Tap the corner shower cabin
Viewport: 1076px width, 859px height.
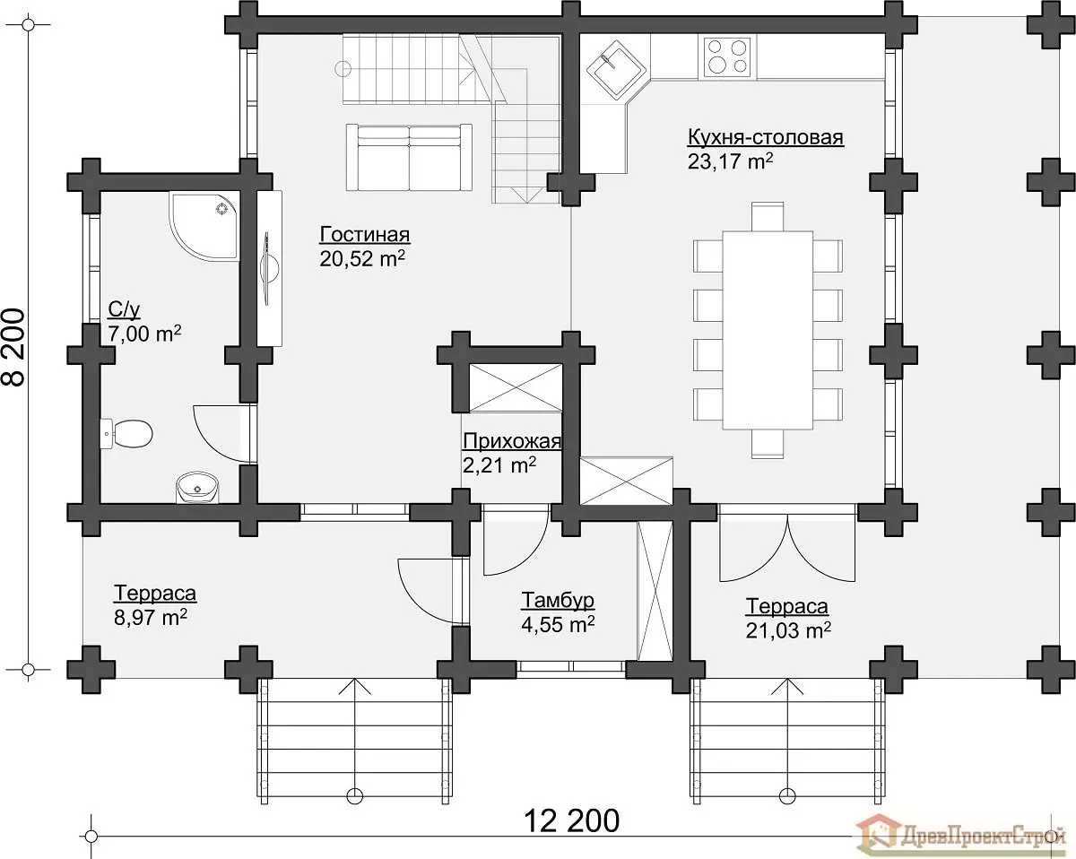coord(204,227)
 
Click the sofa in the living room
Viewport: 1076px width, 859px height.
coord(409,158)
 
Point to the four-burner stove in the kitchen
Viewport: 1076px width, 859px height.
coord(727,56)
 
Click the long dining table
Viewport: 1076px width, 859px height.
coord(768,330)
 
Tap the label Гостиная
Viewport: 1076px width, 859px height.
coord(365,235)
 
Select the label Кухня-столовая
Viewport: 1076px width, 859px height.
coord(766,137)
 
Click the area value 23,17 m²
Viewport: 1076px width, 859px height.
coord(730,161)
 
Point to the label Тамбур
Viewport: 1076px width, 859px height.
coord(558,600)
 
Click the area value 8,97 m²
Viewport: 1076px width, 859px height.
coord(151,618)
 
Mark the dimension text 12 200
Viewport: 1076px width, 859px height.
coord(571,820)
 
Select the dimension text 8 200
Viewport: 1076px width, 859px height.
coord(15,347)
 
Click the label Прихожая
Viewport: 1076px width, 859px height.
coord(511,441)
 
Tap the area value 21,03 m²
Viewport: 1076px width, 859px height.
coord(788,630)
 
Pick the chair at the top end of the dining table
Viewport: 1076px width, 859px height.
coord(768,216)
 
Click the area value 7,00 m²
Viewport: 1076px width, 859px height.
coord(144,334)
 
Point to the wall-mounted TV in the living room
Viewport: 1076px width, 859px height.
coord(270,268)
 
